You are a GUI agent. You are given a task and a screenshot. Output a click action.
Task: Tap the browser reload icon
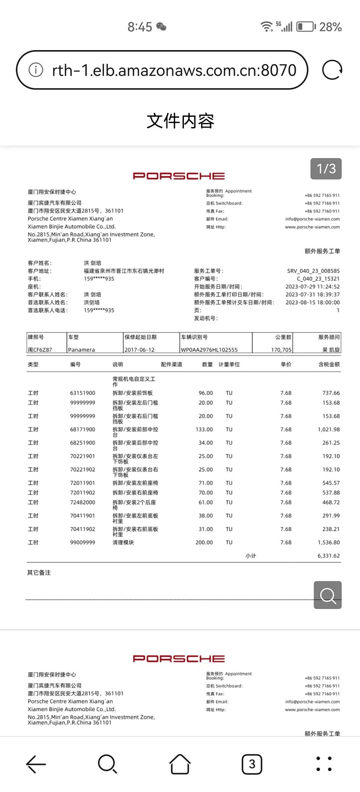click(332, 70)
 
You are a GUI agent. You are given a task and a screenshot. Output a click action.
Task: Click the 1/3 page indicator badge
click(326, 169)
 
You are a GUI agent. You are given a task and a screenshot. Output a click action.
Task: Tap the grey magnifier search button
click(328, 595)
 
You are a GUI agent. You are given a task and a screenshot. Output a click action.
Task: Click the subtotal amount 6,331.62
click(328, 556)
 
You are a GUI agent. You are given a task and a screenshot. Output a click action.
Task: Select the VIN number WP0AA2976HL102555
click(209, 350)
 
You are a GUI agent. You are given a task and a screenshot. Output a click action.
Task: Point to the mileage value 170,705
click(281, 350)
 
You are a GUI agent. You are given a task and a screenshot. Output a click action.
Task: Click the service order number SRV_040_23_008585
click(313, 271)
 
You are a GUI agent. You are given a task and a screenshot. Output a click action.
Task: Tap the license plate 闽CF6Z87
click(40, 350)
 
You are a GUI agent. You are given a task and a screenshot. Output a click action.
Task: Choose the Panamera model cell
click(82, 350)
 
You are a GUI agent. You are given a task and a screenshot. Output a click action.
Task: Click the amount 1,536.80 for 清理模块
click(328, 543)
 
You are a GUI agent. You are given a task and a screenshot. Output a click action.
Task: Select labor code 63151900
click(83, 393)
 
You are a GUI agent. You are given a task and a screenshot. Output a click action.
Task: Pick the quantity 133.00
click(204, 429)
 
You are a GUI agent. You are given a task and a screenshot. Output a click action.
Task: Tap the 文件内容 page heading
click(180, 121)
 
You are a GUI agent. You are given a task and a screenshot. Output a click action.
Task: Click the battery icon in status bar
click(306, 27)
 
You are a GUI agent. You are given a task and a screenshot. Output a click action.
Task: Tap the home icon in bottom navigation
click(180, 764)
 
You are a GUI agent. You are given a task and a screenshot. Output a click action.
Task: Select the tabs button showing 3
click(252, 764)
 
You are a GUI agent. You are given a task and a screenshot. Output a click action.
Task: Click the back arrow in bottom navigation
click(36, 764)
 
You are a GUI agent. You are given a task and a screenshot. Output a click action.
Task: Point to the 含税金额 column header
click(329, 364)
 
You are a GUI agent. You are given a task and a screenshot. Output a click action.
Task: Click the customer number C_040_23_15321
click(318, 279)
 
